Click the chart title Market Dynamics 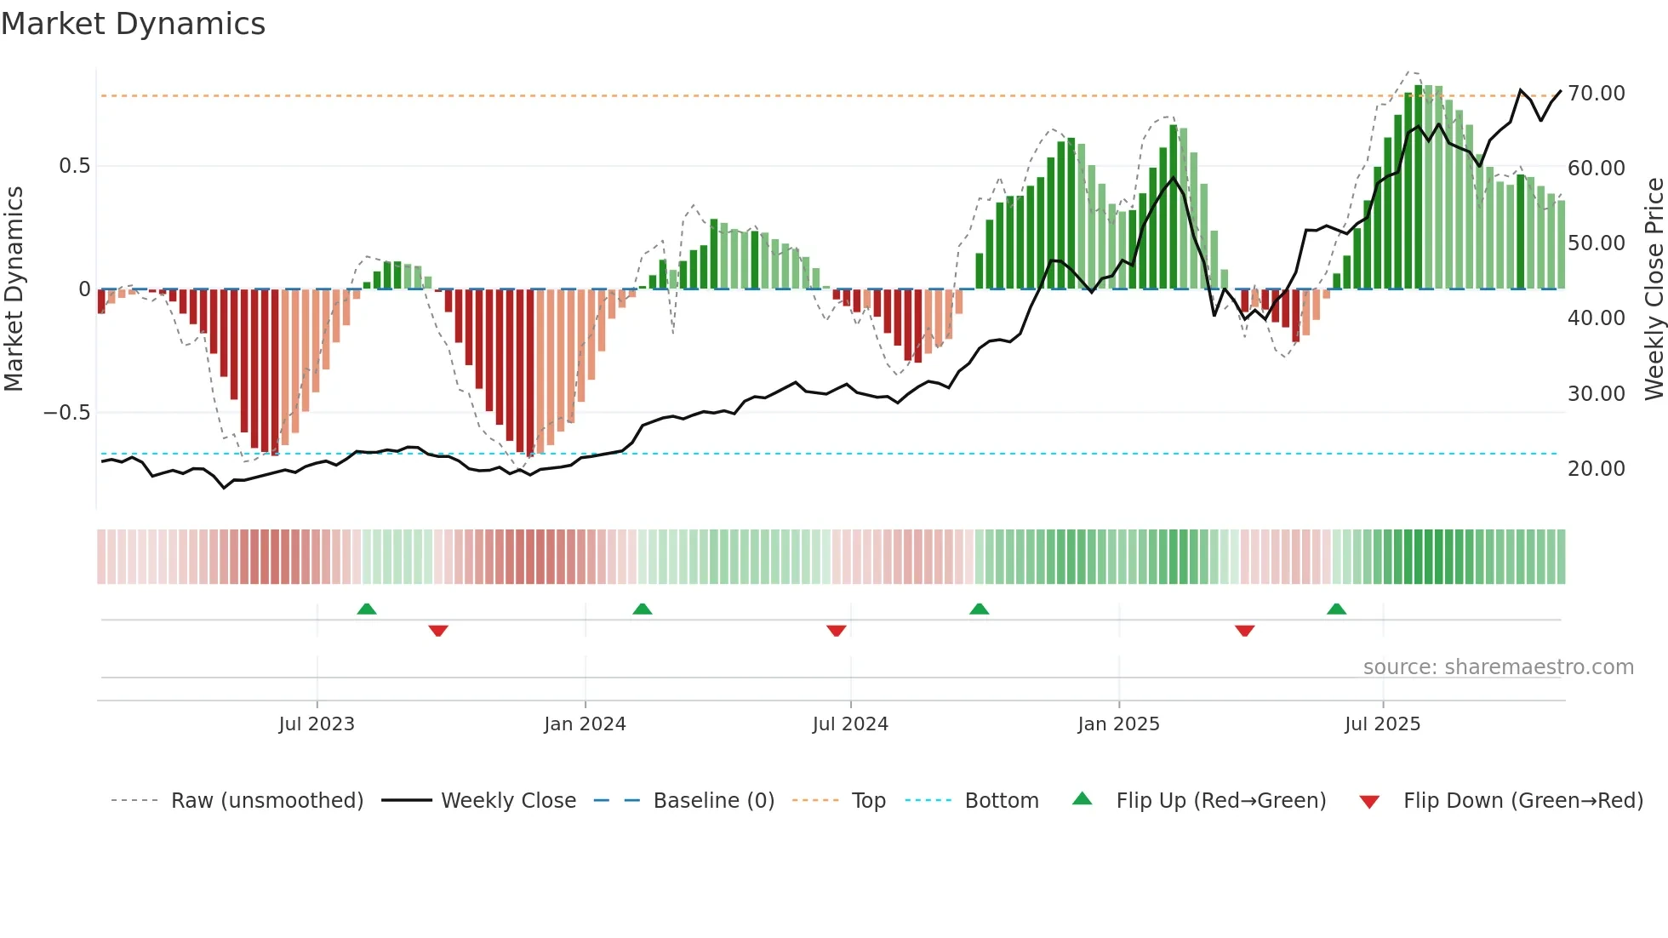(x=133, y=24)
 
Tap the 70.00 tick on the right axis (x=1596, y=94)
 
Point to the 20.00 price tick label (x=1596, y=469)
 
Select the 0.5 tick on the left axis (x=74, y=166)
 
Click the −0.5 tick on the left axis (x=66, y=413)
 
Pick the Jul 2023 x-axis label (x=317, y=724)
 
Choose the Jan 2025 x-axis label (x=1118, y=724)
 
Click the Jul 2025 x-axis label (x=1382, y=724)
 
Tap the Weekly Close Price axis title (x=1654, y=289)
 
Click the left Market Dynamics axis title (x=14, y=289)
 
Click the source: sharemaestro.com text (x=1498, y=667)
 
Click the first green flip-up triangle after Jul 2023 (x=367, y=609)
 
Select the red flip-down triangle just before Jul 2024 (x=837, y=631)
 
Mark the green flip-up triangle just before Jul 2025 (x=1336, y=609)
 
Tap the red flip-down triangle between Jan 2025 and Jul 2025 (x=1244, y=631)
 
